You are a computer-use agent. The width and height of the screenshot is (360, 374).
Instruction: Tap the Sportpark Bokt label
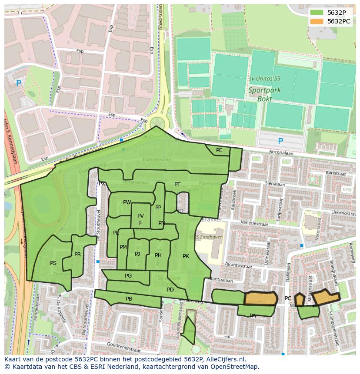coord(264,95)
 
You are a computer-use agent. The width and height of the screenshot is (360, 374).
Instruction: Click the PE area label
coord(219,150)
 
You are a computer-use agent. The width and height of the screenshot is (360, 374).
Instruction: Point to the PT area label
coord(177,185)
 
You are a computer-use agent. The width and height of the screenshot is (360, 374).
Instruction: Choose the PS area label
coord(53,263)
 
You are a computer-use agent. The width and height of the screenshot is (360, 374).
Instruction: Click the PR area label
coord(77,255)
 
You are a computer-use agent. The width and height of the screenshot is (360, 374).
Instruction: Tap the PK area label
coord(186,256)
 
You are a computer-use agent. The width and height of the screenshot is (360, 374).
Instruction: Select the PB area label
coord(129,299)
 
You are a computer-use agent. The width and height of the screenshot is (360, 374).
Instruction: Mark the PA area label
coord(253,316)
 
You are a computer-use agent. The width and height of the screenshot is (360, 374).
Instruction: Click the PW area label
coord(127,202)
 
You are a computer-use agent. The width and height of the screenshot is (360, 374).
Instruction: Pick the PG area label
coord(128,276)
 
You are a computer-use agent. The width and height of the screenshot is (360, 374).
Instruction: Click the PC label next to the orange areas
coord(288,298)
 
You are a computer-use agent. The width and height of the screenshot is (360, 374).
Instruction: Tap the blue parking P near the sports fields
coord(280,141)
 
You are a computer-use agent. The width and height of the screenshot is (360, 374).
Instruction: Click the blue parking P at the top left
coord(18,83)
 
